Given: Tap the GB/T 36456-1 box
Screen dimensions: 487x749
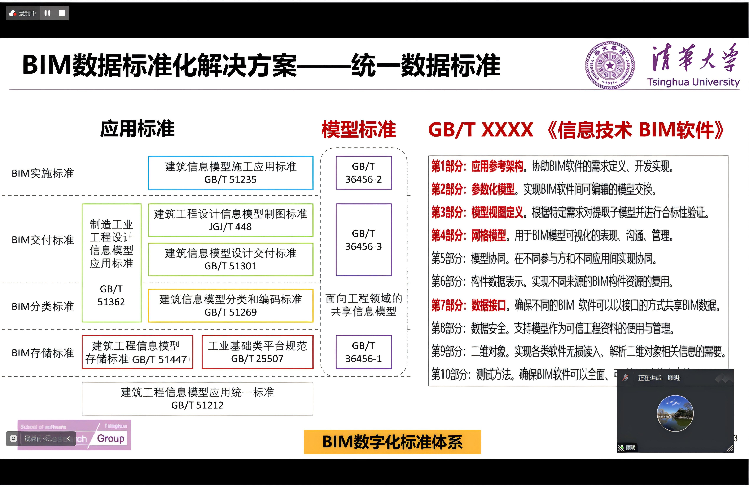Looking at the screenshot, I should coord(363,352).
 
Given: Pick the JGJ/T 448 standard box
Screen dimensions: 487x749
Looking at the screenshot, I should coord(231,220).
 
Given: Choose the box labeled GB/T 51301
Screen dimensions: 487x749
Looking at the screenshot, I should coord(231,259).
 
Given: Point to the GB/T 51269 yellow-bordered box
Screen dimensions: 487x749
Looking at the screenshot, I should coord(231,306).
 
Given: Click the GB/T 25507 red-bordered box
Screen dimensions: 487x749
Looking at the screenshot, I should coord(257,352).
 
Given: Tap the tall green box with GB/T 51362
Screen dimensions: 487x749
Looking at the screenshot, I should coord(111,263).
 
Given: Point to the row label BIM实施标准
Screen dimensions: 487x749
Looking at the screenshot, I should coord(43,173).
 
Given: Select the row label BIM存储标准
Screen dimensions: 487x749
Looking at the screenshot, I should coord(43,353).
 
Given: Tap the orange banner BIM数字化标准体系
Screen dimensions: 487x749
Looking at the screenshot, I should coord(392,442).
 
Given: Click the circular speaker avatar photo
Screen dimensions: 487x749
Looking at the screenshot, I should coord(675,413).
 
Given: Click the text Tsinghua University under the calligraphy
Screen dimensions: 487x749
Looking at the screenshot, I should coord(693,82).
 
